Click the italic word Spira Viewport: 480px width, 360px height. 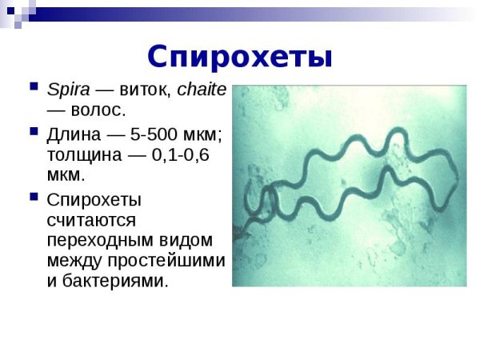click(x=69, y=89)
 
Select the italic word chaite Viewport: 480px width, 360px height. click(x=202, y=89)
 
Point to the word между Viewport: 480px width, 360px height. click(x=72, y=261)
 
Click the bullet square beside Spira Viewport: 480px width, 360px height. click(x=33, y=86)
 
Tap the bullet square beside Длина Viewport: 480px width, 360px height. click(x=33, y=130)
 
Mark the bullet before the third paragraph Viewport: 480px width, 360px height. click(x=33, y=194)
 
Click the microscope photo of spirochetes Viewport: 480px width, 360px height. click(x=349, y=186)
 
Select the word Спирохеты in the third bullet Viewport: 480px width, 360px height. click(x=94, y=198)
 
